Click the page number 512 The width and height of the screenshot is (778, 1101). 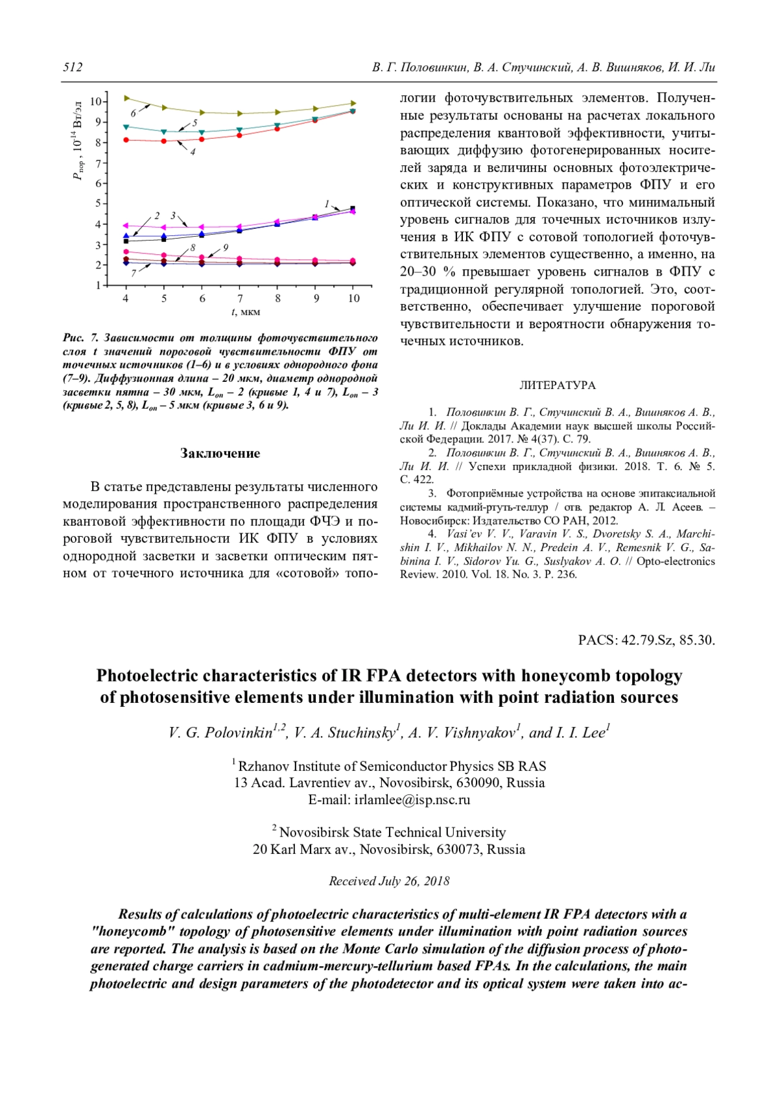(x=73, y=67)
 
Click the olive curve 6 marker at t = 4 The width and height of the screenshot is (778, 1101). (x=126, y=98)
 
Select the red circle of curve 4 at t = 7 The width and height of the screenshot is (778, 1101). (x=240, y=135)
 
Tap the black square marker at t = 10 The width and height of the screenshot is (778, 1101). (x=353, y=209)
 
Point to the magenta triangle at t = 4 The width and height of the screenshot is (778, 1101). (x=126, y=226)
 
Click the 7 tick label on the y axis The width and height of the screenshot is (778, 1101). (x=98, y=163)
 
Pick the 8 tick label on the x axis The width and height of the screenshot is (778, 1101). (x=277, y=298)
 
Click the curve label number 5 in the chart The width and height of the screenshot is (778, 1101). (x=194, y=122)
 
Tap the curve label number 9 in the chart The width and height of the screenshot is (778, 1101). (x=226, y=247)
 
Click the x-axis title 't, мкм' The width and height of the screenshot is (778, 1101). (x=246, y=312)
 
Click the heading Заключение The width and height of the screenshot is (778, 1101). (x=220, y=453)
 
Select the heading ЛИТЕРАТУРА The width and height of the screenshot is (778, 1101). (x=558, y=385)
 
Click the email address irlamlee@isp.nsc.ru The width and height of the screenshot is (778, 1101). (x=412, y=799)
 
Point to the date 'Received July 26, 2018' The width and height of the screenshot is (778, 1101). (x=389, y=881)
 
